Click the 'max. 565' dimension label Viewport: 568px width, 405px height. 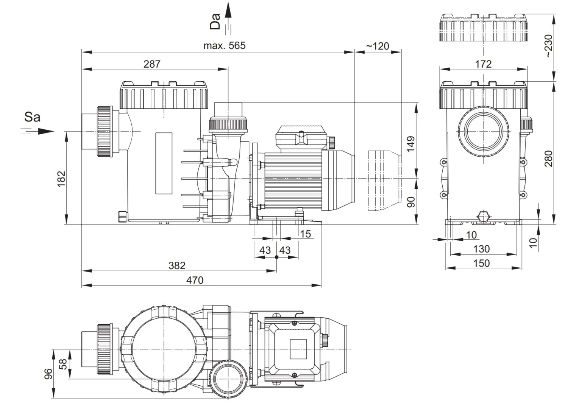click(x=224, y=46)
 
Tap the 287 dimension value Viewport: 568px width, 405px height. click(x=152, y=64)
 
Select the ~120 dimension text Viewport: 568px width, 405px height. click(x=378, y=46)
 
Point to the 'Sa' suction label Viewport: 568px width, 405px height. click(x=32, y=117)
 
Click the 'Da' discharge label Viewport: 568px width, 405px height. click(x=215, y=21)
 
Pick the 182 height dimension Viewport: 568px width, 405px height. click(x=61, y=178)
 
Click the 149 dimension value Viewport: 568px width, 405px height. click(x=411, y=144)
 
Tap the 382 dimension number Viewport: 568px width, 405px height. click(x=177, y=265)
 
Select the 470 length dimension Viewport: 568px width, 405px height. click(x=195, y=280)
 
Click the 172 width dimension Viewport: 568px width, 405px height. click(x=483, y=64)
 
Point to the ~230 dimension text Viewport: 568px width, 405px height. click(x=549, y=46)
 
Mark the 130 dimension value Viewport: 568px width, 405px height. click(x=481, y=249)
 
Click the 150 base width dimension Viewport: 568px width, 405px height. click(x=481, y=263)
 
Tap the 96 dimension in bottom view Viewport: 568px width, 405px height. click(x=48, y=374)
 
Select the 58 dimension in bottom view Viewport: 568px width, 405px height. click(x=63, y=364)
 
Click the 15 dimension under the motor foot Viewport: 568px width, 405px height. click(x=305, y=234)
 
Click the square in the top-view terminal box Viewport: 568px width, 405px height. click(x=298, y=349)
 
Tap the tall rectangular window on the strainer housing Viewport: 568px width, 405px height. click(x=164, y=163)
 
